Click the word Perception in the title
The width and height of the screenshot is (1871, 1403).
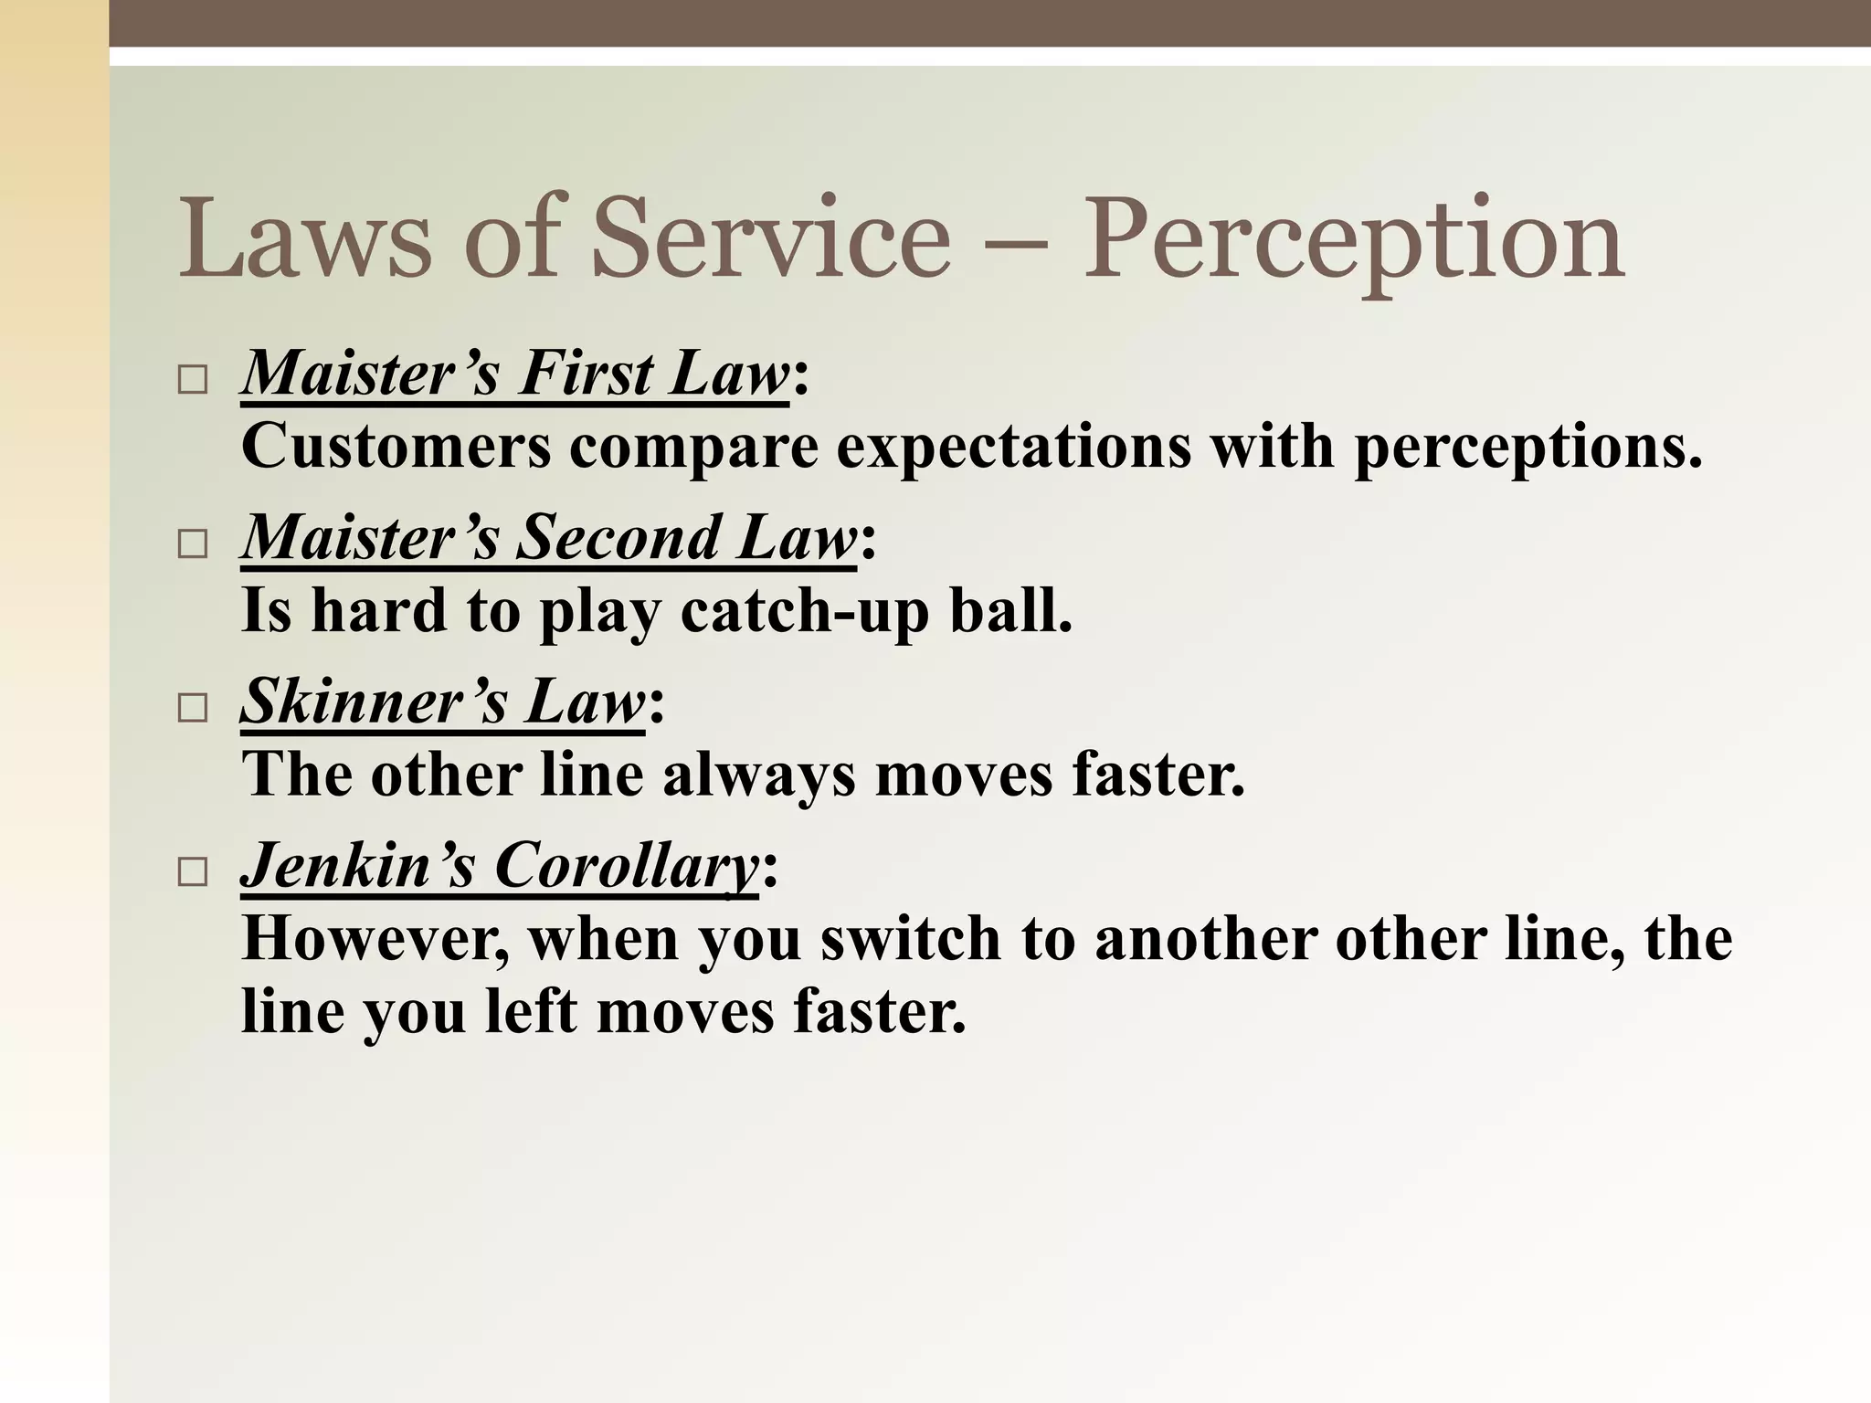[1352, 239]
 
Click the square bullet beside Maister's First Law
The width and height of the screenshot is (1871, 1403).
[193, 379]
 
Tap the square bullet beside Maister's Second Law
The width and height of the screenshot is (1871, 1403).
[193, 544]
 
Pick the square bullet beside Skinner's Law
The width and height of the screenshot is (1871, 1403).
[193, 708]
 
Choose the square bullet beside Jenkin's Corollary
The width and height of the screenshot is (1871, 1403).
[193, 872]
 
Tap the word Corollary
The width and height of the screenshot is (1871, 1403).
[627, 865]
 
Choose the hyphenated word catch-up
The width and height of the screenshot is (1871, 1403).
[804, 610]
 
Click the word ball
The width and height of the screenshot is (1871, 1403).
[1010, 610]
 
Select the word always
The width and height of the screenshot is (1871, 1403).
[759, 775]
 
